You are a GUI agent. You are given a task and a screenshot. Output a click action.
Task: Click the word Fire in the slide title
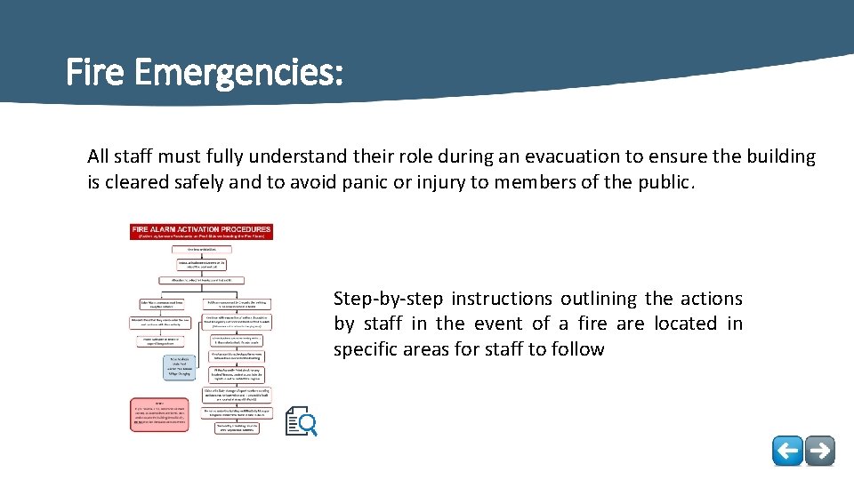(94, 73)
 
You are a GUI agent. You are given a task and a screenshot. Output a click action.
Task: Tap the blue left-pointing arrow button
(787, 451)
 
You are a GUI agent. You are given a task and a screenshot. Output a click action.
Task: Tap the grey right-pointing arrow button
(820, 451)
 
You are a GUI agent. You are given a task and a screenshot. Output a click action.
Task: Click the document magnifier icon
(301, 421)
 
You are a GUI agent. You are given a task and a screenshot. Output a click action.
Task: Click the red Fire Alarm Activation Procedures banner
(202, 233)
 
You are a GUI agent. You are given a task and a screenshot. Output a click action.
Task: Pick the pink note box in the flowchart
(160, 414)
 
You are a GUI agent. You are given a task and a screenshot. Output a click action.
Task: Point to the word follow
(576, 349)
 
